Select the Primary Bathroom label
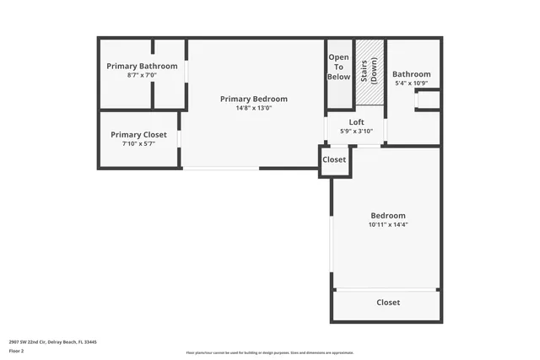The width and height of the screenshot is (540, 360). point(142,66)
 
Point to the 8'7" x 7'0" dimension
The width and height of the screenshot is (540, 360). point(142,75)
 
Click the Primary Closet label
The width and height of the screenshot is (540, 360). point(138,135)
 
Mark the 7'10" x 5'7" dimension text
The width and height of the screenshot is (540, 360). point(138,143)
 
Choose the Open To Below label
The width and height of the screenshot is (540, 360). point(338,67)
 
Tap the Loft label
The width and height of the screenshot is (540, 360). point(356,122)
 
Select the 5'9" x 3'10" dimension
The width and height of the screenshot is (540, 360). point(356,131)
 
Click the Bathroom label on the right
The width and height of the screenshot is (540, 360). point(411,73)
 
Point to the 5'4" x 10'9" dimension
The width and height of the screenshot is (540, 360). point(411,83)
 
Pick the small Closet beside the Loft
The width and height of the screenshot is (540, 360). point(334,159)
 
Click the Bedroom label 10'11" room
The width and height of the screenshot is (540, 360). point(387,215)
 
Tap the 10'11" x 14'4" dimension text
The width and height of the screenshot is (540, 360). point(387,224)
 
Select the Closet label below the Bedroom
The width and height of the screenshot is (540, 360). point(387,302)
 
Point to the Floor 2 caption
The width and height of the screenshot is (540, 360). point(17,350)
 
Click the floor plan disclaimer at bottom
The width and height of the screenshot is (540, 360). point(270,352)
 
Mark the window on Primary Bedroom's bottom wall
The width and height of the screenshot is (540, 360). point(221,168)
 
